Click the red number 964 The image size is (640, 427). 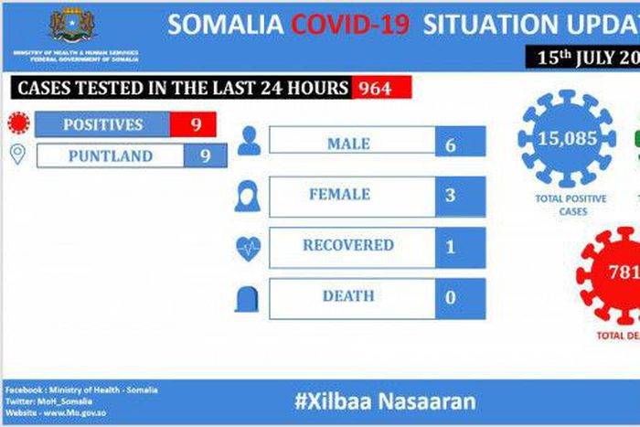374,89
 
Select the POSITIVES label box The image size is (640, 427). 102,124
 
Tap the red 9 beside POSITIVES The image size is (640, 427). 196,124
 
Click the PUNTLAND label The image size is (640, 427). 110,156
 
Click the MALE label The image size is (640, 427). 348,144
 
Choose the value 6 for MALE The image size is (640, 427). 451,144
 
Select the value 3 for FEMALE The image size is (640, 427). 450,195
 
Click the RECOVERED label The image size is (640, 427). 348,246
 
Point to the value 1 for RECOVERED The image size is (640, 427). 450,246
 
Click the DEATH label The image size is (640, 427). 348,297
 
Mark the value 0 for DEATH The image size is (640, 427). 450,297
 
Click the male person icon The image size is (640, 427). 248,142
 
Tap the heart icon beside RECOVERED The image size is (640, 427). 248,247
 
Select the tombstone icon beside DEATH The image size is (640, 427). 248,299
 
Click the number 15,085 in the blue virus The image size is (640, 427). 568,139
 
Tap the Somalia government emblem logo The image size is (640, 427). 74,25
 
